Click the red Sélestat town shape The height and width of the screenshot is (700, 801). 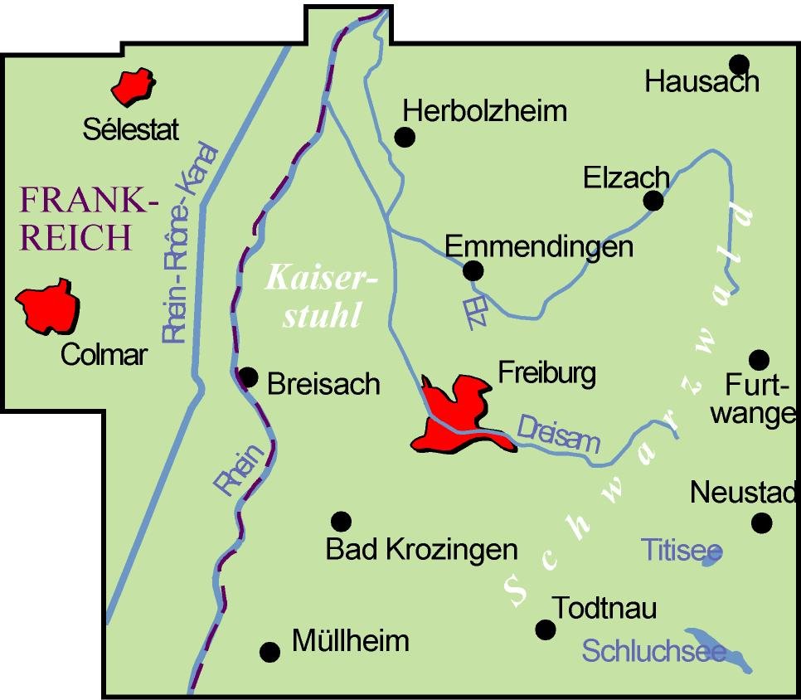(x=133, y=86)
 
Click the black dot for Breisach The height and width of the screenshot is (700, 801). (x=248, y=377)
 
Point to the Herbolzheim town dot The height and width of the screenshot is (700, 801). (x=405, y=137)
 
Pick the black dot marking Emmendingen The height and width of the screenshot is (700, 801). (x=473, y=270)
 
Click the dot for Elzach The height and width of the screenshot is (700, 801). (x=653, y=200)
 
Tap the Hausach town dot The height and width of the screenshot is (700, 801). (x=739, y=64)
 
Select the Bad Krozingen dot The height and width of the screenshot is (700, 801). (x=341, y=521)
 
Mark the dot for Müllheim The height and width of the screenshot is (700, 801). (x=269, y=652)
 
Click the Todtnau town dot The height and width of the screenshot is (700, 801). (x=545, y=630)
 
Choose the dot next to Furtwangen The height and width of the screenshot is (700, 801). (x=759, y=359)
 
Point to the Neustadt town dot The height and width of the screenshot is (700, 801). (x=761, y=523)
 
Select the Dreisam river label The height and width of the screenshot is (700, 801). (x=558, y=434)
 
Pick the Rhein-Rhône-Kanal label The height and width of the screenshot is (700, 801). (x=190, y=245)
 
